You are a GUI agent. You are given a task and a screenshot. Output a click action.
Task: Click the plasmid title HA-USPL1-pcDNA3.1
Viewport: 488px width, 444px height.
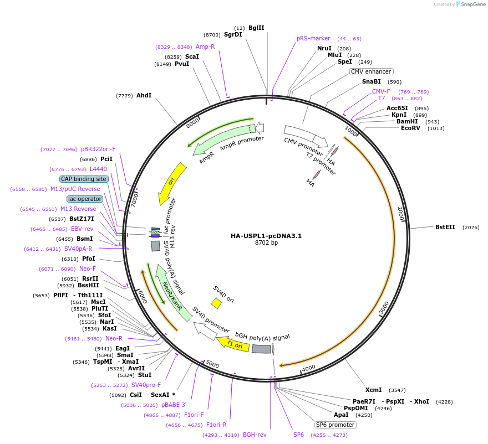click(x=266, y=236)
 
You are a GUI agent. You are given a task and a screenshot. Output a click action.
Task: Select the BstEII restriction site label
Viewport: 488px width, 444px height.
click(x=445, y=227)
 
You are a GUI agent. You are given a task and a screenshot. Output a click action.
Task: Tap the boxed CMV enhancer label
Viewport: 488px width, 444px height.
click(x=371, y=71)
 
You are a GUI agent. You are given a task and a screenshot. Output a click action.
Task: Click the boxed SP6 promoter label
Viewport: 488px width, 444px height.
click(x=335, y=425)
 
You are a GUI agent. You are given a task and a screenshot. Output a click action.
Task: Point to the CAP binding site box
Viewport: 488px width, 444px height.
click(x=84, y=179)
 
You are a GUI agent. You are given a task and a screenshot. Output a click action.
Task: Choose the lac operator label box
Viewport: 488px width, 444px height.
click(x=85, y=199)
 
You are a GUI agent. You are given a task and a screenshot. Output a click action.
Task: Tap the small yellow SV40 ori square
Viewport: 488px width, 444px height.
click(x=216, y=303)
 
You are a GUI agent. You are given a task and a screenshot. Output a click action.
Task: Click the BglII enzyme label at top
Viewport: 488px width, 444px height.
click(x=256, y=28)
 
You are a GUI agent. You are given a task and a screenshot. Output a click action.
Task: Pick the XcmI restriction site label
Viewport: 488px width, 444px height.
click(x=373, y=390)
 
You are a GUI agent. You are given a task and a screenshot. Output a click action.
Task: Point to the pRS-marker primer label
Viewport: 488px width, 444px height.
click(x=313, y=39)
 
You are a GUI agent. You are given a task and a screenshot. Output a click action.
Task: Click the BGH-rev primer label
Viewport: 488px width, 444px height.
click(x=255, y=435)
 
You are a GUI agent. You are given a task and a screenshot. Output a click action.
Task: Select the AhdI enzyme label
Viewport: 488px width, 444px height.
click(x=144, y=96)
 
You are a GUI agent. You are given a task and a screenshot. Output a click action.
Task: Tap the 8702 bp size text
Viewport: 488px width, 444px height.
click(x=266, y=243)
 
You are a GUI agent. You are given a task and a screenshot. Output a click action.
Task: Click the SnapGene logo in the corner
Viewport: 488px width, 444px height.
click(x=471, y=4)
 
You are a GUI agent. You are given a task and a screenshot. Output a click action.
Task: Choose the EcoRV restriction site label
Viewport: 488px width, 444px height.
click(x=410, y=128)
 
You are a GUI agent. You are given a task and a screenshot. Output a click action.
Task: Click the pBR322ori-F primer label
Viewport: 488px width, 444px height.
click(x=98, y=149)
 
